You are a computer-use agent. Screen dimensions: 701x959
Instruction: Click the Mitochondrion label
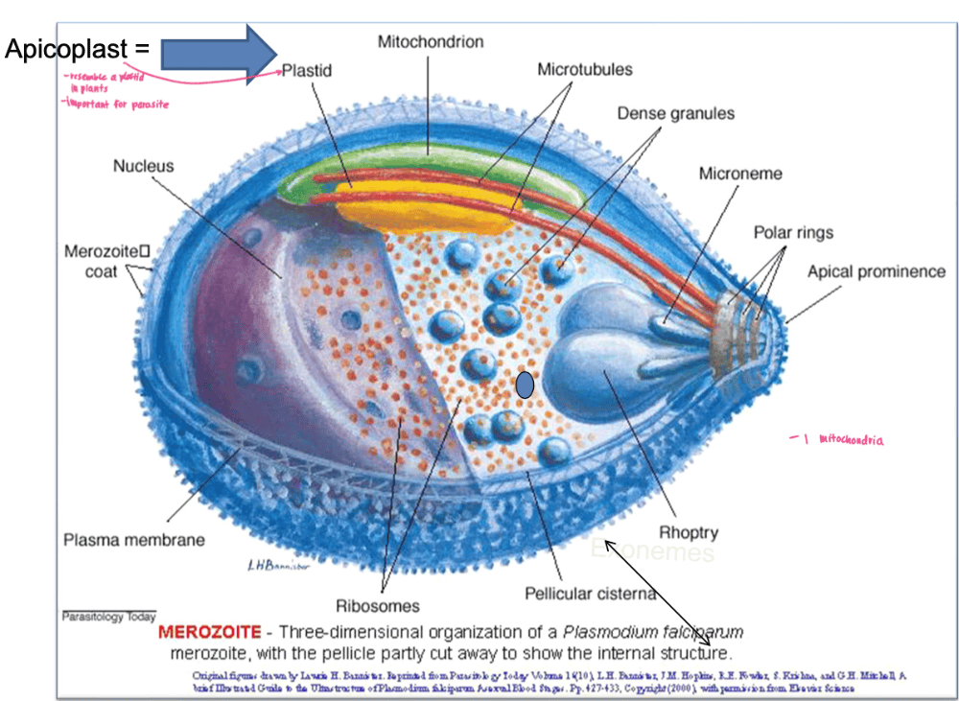pos(431,42)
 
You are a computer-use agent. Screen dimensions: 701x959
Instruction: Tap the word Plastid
pos(306,71)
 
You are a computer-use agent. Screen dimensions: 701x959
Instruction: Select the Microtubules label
pos(584,70)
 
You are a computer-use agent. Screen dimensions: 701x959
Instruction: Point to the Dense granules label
pos(675,113)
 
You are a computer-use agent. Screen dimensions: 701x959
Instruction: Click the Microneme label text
pos(740,174)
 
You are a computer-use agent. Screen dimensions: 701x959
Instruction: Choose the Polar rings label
pos(793,232)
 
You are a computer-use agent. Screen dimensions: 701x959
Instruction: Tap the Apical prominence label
pos(876,271)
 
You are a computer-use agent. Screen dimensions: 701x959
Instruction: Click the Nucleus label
pos(144,166)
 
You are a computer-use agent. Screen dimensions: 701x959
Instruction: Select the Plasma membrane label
pos(133,540)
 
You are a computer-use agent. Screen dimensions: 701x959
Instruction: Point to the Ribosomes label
pos(377,606)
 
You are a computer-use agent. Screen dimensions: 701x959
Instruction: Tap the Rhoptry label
pos(689,532)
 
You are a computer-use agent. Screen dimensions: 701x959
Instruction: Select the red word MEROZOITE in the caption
pos(209,633)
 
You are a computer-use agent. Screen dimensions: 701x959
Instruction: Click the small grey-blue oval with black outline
pos(525,385)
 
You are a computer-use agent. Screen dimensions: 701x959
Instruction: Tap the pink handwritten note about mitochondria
pos(836,440)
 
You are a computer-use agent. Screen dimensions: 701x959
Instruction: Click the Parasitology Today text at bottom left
pos(107,617)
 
